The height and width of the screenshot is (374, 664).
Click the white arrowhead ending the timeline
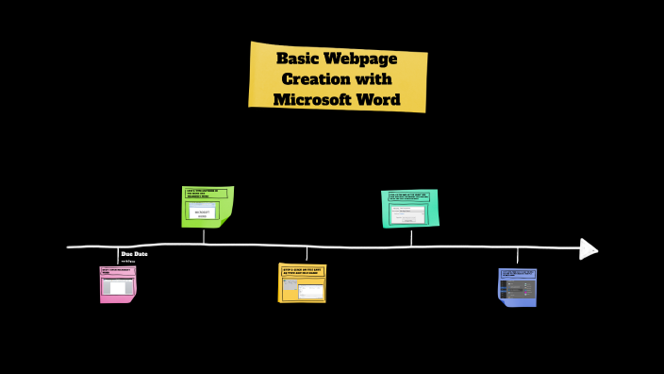click(588, 248)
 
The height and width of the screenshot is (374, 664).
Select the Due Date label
click(134, 254)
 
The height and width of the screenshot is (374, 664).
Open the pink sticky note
click(118, 284)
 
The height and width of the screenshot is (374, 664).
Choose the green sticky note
click(207, 207)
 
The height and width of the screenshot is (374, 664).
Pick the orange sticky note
click(302, 282)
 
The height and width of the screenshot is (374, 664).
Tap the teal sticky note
click(410, 209)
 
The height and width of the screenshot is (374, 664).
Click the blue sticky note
click(517, 287)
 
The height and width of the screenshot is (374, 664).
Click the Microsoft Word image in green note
click(203, 212)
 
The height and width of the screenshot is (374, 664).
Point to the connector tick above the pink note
click(118, 256)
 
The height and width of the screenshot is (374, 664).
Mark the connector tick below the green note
click(204, 236)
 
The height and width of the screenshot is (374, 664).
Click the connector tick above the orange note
click(307, 254)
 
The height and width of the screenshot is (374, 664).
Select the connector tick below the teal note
click(410, 236)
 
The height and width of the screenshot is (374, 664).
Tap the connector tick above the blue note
click(517, 256)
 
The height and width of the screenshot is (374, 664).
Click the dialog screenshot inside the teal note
click(408, 214)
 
